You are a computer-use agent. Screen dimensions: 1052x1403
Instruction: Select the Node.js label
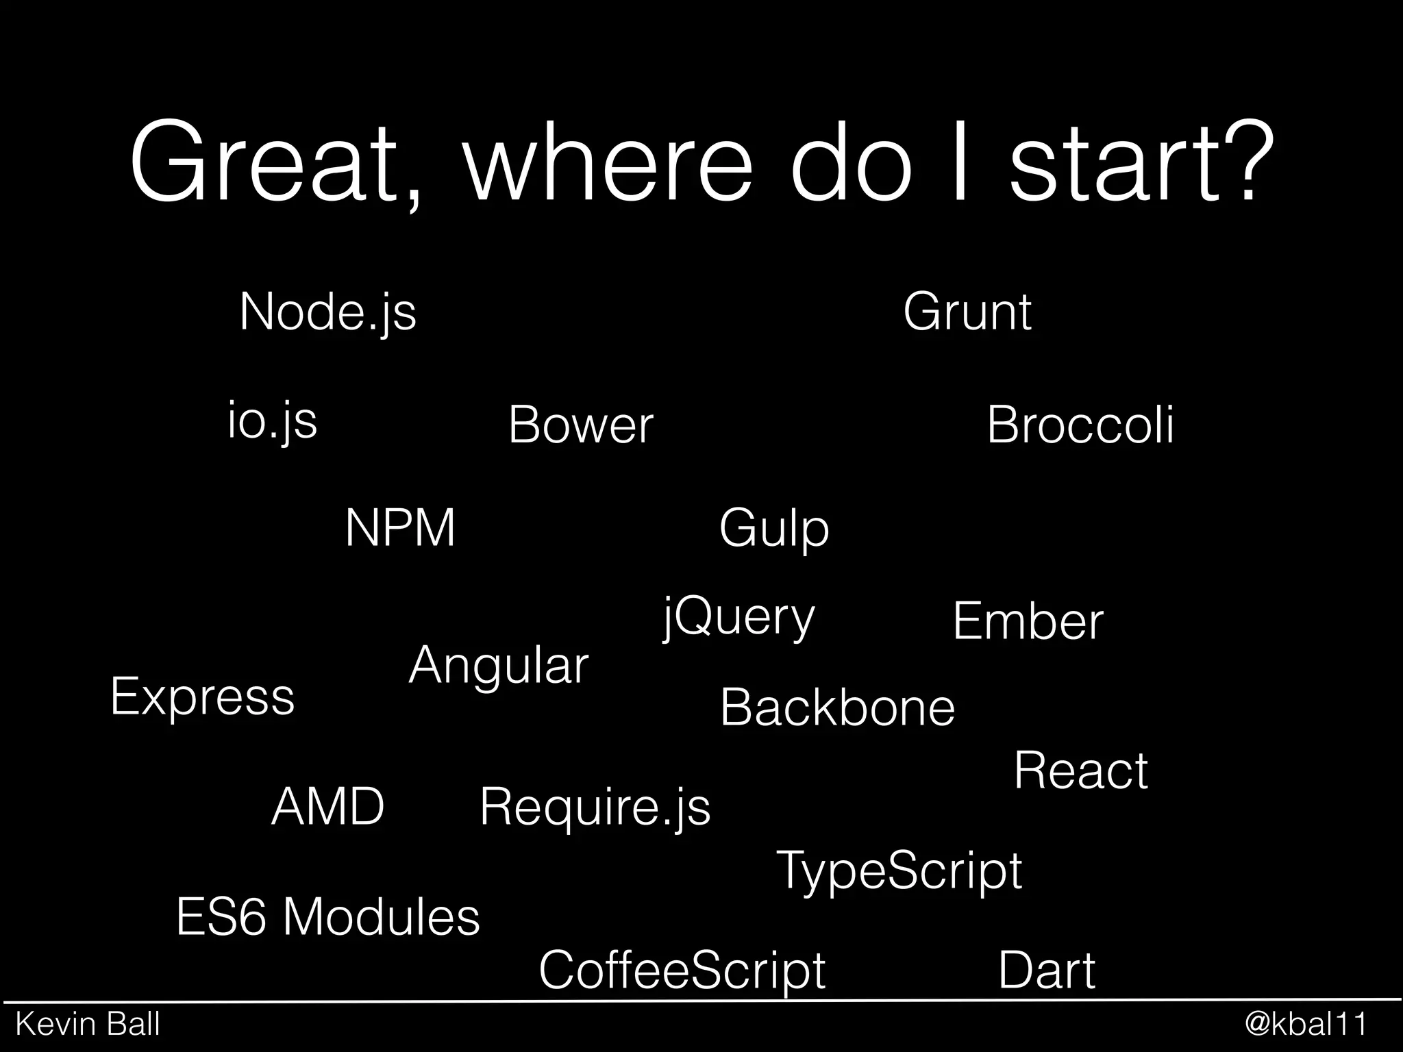pos(327,312)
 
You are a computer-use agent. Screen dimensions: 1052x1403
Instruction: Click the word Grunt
pos(967,312)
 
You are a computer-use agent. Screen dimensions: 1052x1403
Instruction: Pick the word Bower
pos(580,425)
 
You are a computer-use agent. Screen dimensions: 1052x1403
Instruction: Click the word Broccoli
pos(1080,425)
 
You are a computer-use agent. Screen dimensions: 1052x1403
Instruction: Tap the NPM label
pos(400,528)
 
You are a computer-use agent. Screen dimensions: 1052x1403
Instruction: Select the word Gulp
pos(773,529)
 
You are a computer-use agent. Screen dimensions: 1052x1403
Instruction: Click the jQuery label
pos(738,618)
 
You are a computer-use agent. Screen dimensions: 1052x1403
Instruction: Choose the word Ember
pos(1028,621)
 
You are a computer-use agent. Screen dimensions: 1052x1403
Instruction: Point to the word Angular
pos(498,666)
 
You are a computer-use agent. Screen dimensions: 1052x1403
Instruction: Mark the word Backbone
pos(837,707)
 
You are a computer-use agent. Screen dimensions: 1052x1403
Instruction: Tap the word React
pos(1080,771)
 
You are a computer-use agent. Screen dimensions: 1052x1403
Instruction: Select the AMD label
pos(327,806)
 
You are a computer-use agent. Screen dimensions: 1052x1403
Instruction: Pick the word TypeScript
pos(899,871)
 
